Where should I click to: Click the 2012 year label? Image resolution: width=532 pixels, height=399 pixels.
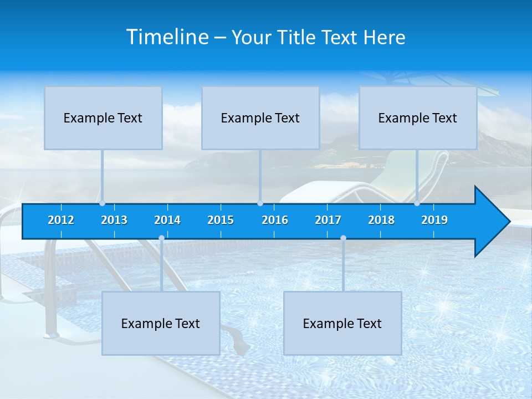coord(61,220)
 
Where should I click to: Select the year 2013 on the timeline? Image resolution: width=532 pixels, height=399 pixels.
coord(114,220)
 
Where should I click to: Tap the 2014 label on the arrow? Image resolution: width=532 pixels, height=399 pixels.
coord(167,220)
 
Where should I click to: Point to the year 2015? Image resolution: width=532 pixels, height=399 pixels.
coord(221,220)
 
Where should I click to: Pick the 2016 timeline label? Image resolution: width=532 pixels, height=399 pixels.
coord(275,220)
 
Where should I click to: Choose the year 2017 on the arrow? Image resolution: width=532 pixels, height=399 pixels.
coord(328,220)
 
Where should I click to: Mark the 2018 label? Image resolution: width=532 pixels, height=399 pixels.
coord(381,220)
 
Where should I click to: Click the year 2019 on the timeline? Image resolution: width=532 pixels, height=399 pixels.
coord(434,220)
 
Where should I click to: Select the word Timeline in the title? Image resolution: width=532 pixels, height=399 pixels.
coord(167,37)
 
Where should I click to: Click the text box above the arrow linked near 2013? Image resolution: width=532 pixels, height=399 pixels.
coord(103,118)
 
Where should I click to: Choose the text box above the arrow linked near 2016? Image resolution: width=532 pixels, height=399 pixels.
coord(260,118)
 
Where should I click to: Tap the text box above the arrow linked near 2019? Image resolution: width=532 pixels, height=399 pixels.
coord(418,118)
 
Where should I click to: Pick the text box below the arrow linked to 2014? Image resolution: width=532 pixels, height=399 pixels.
coord(161,324)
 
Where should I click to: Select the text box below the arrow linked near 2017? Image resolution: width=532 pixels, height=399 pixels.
coord(342,324)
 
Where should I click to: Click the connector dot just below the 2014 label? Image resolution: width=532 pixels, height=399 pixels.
coord(161,238)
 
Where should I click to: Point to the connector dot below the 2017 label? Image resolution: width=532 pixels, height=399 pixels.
coord(343,238)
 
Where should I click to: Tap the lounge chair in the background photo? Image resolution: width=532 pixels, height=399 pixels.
coord(388,183)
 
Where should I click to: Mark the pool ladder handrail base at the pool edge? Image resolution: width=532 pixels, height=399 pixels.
coord(52,334)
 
